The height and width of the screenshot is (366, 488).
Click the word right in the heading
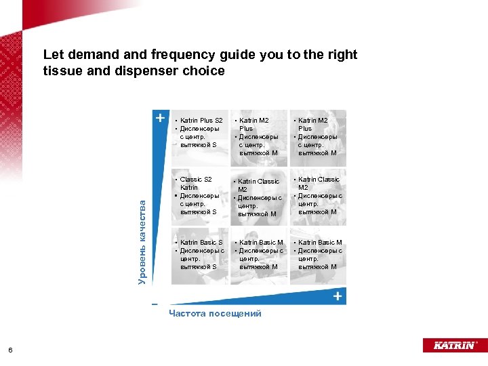(341, 55)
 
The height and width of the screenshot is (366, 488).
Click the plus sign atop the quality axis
(160, 117)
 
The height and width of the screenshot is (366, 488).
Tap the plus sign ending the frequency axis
(337, 297)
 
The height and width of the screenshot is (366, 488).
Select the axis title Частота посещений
(215, 313)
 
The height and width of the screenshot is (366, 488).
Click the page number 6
(10, 350)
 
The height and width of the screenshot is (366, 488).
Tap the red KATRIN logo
(453, 345)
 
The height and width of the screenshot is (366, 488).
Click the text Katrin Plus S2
(201, 121)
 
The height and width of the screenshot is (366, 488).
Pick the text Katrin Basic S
(201, 243)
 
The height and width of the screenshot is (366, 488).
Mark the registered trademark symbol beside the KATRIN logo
(477, 342)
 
